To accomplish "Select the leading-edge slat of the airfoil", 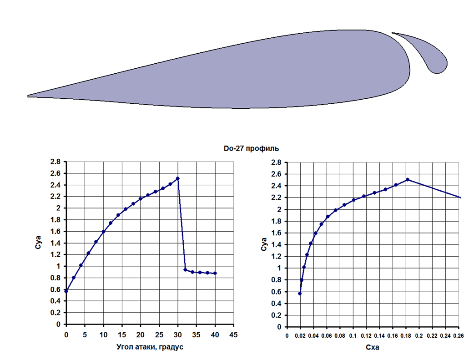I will pos(427,52).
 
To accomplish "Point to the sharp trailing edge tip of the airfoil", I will pos(28,96).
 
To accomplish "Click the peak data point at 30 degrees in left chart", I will pos(177,178).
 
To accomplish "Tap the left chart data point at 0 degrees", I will pos(66,291).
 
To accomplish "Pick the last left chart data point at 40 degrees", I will pos(215,273).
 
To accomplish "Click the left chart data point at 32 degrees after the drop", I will pos(185,269).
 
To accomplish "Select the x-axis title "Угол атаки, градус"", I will pos(150,347).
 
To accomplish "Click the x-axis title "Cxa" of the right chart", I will pos(372,348).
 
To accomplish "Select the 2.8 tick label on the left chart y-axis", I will pos(55,162).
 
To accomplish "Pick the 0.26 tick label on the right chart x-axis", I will pos(458,336).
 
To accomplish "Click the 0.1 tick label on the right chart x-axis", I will pos(353,336).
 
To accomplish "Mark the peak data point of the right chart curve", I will pos(408,179).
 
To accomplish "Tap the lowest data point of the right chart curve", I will pos(300,294).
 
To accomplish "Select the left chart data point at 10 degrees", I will pos(103,232).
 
